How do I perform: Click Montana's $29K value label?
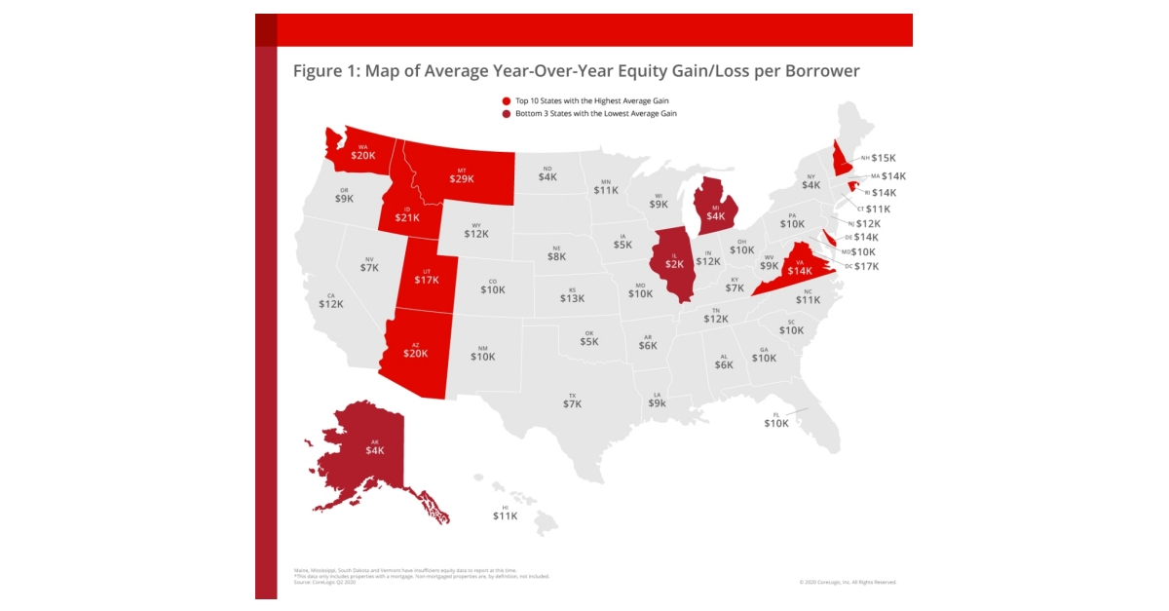pos(462,178)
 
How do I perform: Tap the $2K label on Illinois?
pos(674,264)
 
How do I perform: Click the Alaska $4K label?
pos(375,450)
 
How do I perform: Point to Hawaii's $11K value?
pos(505,516)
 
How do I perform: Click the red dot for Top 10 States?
pos(507,101)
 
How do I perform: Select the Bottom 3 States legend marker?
pos(507,114)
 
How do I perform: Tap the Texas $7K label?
pos(572,403)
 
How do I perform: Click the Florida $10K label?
pos(776,423)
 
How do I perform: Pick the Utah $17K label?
pos(427,280)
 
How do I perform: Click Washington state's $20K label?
pos(362,156)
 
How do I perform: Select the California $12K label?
pos(331,304)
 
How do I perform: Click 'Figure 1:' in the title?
pos(325,72)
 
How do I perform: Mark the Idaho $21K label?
pos(406,217)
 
